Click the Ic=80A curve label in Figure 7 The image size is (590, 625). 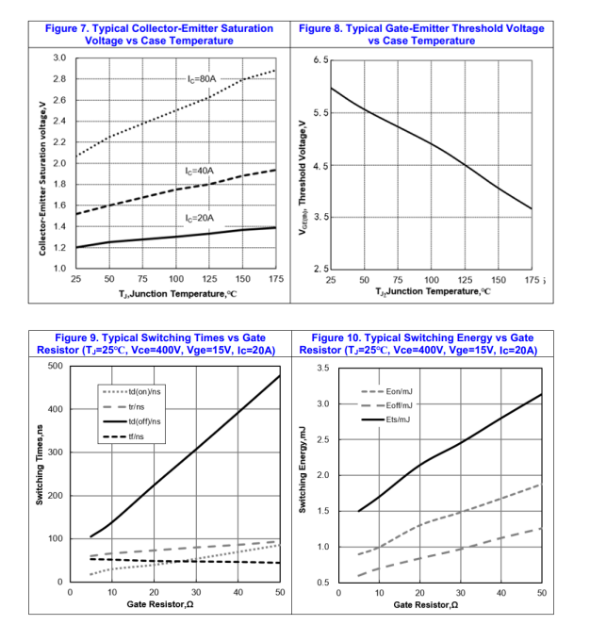pos(203,78)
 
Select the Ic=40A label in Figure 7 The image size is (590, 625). pos(201,171)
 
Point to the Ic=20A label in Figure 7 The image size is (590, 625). pos(201,217)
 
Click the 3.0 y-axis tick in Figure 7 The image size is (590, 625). pos(58,58)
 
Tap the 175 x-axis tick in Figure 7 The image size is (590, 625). pos(275,280)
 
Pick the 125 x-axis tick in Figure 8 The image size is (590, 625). pos(465,280)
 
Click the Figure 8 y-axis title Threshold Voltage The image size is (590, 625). pos(303,166)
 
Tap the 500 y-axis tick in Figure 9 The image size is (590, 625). pos(55,366)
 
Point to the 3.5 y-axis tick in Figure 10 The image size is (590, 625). pos(320,367)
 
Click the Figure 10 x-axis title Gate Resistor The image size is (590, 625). pos(425,604)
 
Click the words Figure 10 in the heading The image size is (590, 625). pos(341,337)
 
